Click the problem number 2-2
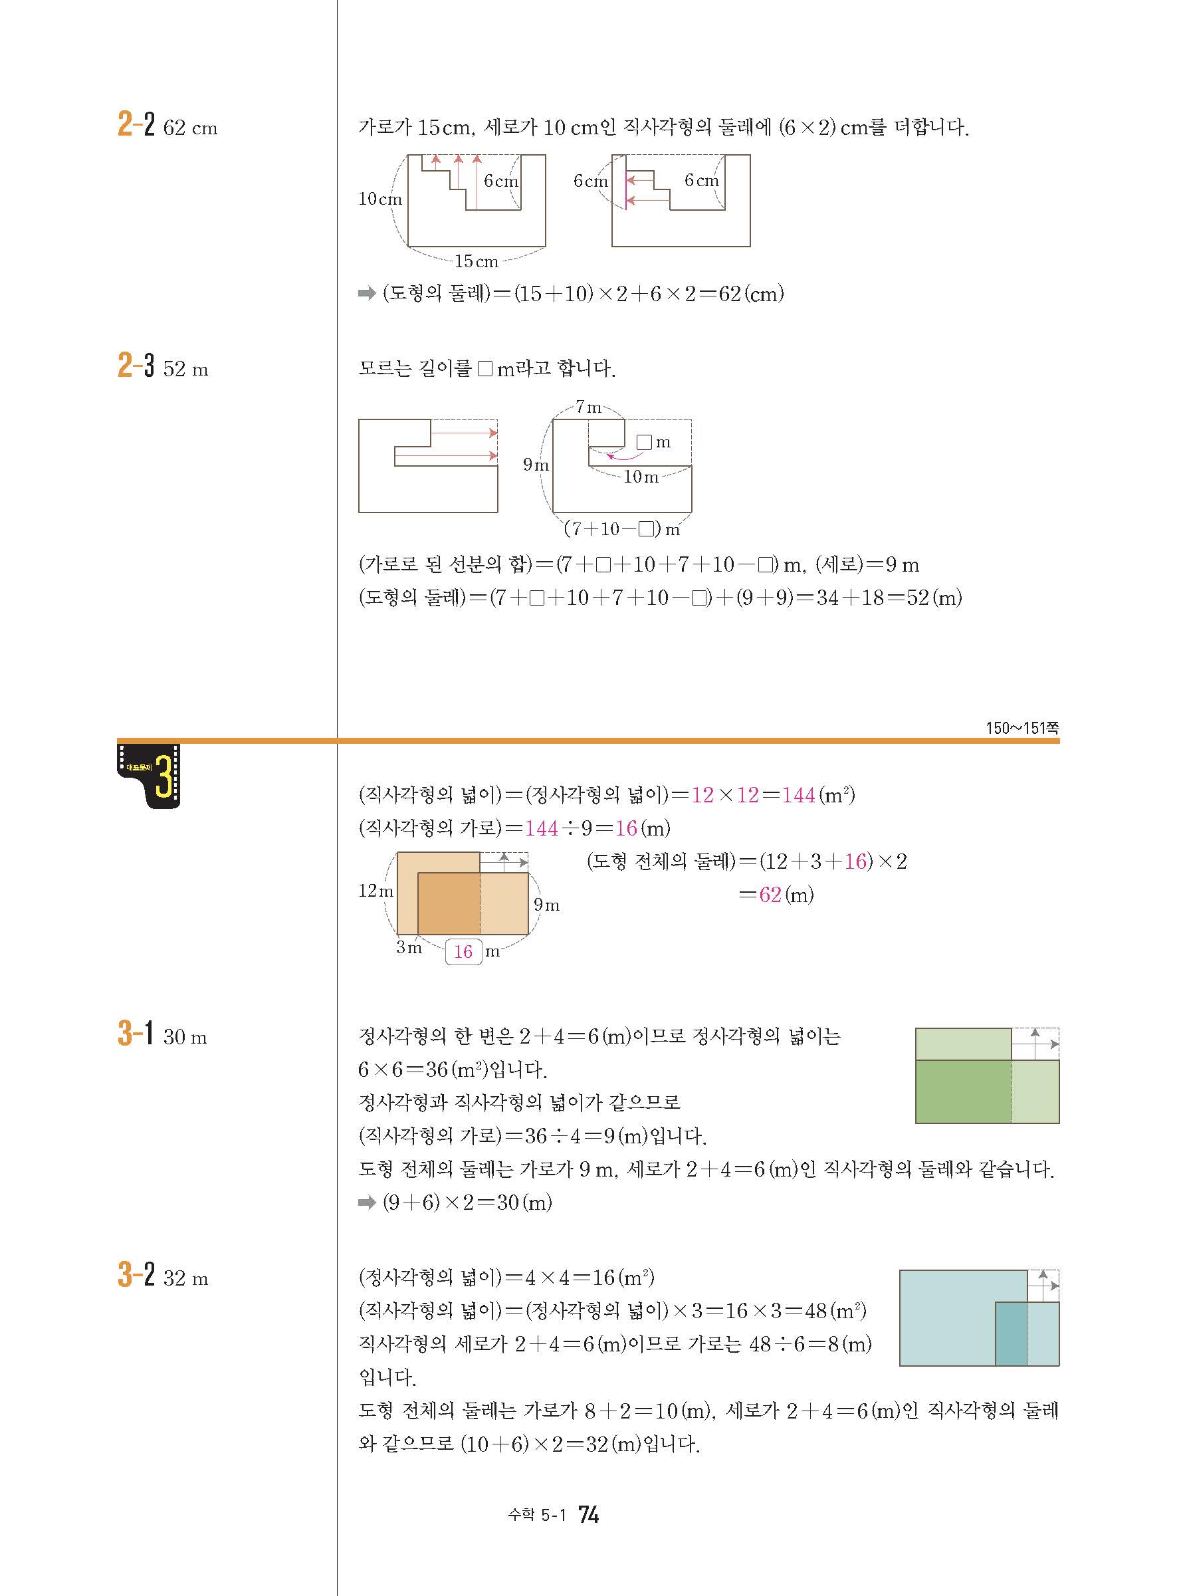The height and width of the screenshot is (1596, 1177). (x=136, y=125)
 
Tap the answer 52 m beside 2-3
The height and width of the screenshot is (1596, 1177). (x=185, y=369)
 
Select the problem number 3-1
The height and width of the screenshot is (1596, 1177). (x=136, y=1033)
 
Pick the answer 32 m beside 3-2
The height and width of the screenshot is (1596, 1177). (x=185, y=1278)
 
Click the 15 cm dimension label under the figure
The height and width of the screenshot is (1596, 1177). (x=476, y=261)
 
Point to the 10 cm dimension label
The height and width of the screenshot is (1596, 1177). (x=379, y=199)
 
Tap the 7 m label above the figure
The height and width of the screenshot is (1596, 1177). (x=589, y=407)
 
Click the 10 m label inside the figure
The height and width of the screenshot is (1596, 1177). (x=641, y=477)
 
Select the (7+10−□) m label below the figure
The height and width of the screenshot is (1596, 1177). (x=621, y=529)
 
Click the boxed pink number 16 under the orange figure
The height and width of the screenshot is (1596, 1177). (x=463, y=951)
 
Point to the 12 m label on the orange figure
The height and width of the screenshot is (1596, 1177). (x=375, y=891)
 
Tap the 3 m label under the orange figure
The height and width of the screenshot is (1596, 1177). (x=409, y=948)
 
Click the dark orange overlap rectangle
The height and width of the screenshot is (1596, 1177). (x=448, y=903)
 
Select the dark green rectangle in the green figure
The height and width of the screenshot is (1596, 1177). (x=962, y=1091)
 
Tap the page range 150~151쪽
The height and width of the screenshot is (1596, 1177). (x=1021, y=727)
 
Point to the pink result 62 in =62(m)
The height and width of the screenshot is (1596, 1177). (x=770, y=895)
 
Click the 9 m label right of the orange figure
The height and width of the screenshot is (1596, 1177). (x=546, y=905)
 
